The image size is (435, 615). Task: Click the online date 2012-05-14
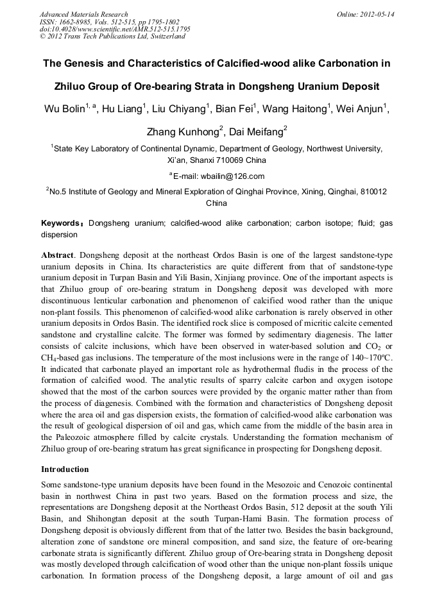377,14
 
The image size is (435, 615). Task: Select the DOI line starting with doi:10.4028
115,29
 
